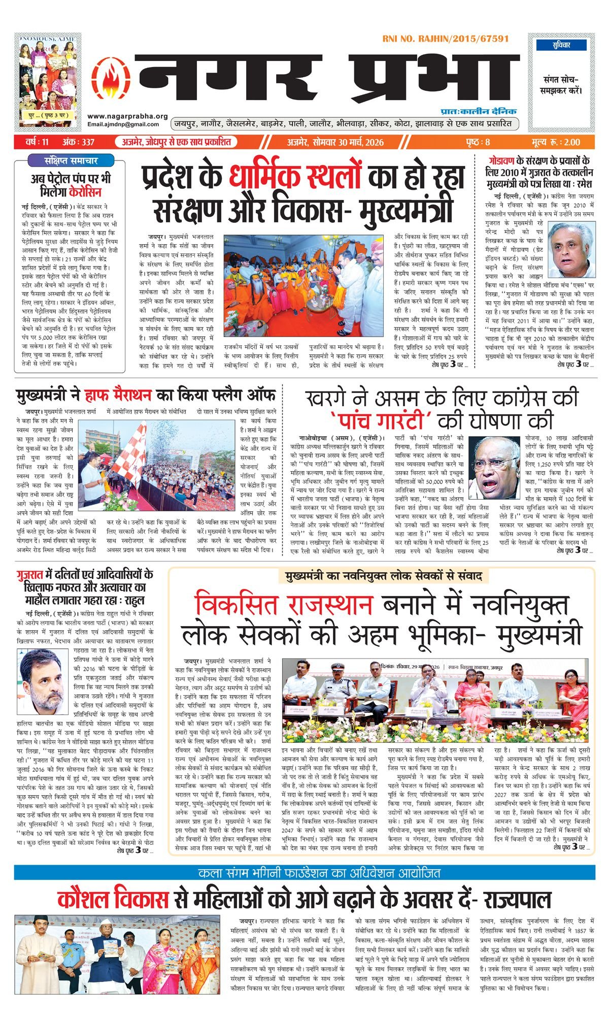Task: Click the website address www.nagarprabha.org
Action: click(x=127, y=116)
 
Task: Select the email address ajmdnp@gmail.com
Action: click(x=123, y=124)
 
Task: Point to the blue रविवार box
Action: click(x=561, y=45)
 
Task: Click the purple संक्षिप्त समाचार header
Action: click(x=70, y=160)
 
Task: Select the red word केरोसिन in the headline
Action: click(x=86, y=192)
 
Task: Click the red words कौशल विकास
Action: click(x=113, y=899)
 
